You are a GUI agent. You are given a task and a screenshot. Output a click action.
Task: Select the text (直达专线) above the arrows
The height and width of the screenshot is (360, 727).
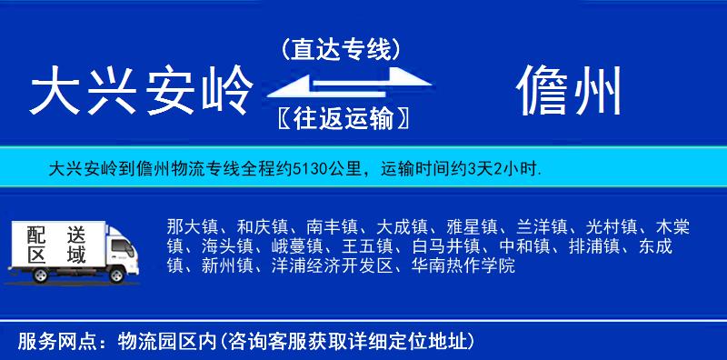pos(341,50)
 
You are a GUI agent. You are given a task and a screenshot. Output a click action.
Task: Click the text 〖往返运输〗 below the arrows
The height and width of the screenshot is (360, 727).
pos(341,118)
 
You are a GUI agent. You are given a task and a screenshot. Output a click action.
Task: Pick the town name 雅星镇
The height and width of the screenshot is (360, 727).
pos(472,225)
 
